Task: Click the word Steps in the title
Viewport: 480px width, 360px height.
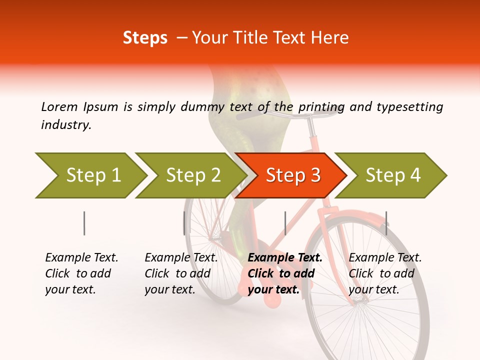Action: (x=145, y=38)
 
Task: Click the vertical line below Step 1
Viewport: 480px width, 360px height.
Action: (x=84, y=223)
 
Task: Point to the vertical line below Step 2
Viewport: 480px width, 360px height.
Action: (x=184, y=223)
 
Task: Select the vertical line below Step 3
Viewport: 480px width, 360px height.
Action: (x=285, y=223)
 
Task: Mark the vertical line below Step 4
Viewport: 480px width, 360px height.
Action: (x=386, y=223)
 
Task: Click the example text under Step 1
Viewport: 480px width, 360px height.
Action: (x=81, y=273)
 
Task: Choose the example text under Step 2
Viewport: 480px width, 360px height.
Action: (x=181, y=273)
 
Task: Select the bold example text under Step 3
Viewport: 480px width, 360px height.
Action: (x=284, y=273)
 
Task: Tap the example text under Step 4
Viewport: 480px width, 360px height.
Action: (x=385, y=273)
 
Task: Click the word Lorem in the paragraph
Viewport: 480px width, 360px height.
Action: (x=59, y=106)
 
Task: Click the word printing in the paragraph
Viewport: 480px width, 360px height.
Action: (x=321, y=106)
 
